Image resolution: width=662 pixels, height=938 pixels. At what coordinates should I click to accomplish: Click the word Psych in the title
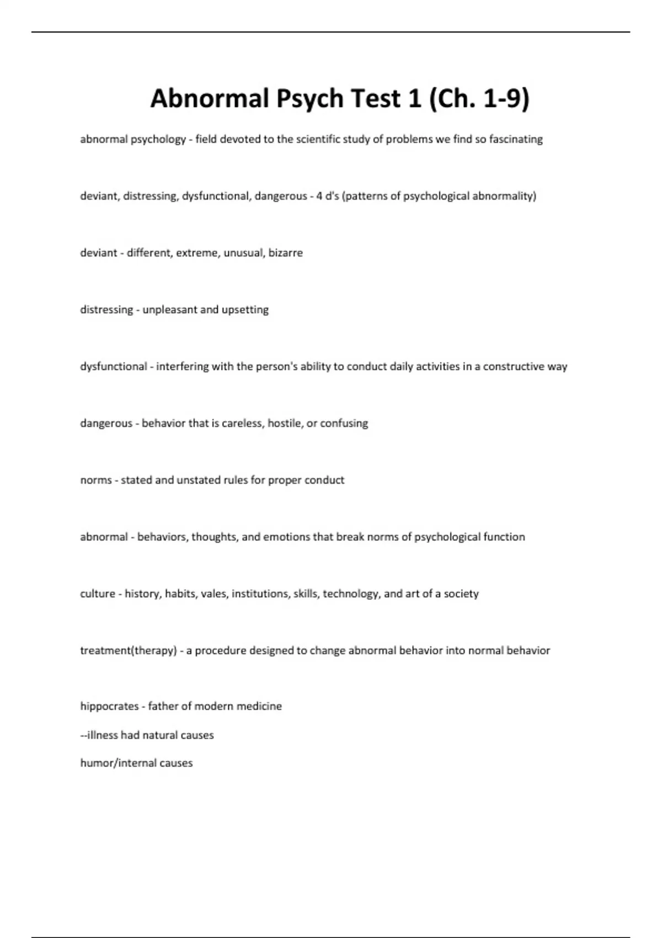pos(309,99)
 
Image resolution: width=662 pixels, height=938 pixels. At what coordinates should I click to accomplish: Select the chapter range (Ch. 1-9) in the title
pos(478,99)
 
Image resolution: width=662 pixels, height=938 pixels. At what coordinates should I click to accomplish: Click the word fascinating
pos(516,139)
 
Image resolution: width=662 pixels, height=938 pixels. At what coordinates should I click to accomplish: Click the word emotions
pos(286,537)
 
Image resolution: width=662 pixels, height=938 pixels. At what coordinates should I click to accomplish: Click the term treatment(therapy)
pos(129,651)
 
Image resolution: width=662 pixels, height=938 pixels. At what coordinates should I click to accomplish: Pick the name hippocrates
pos(109,706)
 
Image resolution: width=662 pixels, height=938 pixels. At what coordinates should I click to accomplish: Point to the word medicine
pos(259,706)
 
